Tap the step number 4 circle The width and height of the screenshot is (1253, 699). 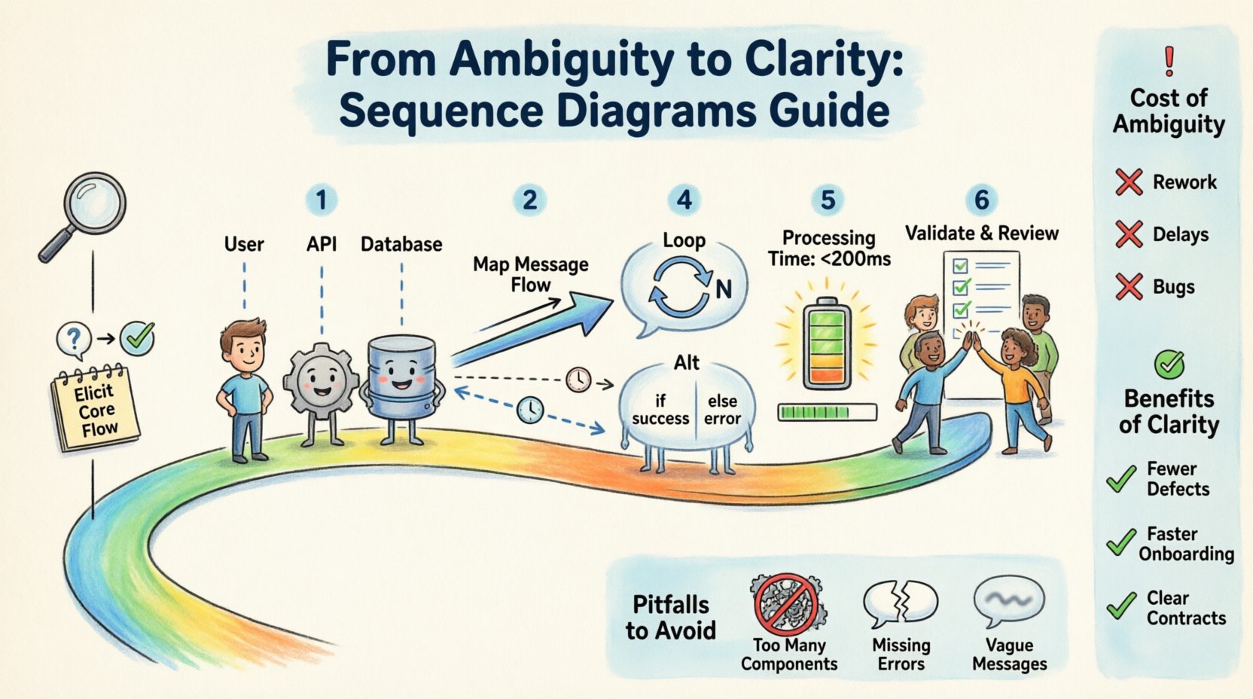pos(684,200)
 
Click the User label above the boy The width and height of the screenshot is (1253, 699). pos(244,245)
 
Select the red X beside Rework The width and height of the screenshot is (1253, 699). pos(1129,182)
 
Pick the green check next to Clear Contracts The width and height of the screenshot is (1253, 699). pos(1121,606)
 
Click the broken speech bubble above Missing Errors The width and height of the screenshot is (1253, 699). pos(901,603)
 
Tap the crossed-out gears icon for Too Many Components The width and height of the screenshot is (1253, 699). pos(788,603)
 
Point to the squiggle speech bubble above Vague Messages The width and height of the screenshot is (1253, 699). pos(1009,601)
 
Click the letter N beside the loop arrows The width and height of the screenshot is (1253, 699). pos(724,289)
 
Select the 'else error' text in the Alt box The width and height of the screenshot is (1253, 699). pos(722,411)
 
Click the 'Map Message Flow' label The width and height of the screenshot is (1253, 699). pos(531,274)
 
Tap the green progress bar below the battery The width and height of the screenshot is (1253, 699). pos(827,412)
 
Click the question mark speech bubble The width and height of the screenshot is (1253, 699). pos(74,339)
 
